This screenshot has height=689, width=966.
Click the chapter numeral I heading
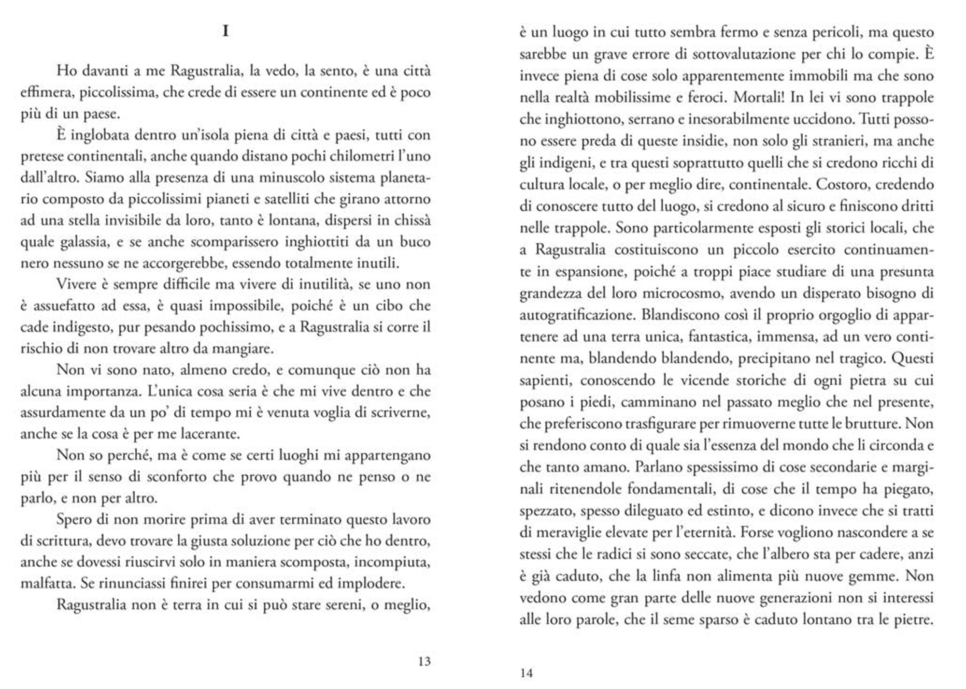point(226,31)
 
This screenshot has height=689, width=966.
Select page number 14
point(526,673)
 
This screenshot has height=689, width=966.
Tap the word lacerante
point(210,434)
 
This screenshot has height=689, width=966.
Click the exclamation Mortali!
point(759,97)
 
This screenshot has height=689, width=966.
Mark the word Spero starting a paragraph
point(75,520)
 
